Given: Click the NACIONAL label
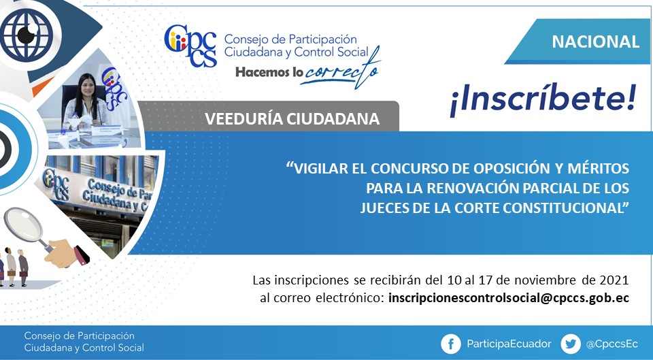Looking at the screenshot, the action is pos(595,42).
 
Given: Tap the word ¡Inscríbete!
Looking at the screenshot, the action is pos(543,99).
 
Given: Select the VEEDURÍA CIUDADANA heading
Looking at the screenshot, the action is pos(292,118).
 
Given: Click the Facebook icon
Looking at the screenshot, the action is pos(451,344).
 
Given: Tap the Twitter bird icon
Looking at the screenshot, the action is pos(571,344).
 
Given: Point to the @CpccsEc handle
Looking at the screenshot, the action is pos(612,344).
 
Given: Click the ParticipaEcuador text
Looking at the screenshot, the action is pos(509,344).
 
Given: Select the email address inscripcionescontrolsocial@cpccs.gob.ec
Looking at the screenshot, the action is pos(509,298).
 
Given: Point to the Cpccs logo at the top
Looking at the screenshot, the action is pos(190,46).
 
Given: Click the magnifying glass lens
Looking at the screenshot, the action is pos(22,224).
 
